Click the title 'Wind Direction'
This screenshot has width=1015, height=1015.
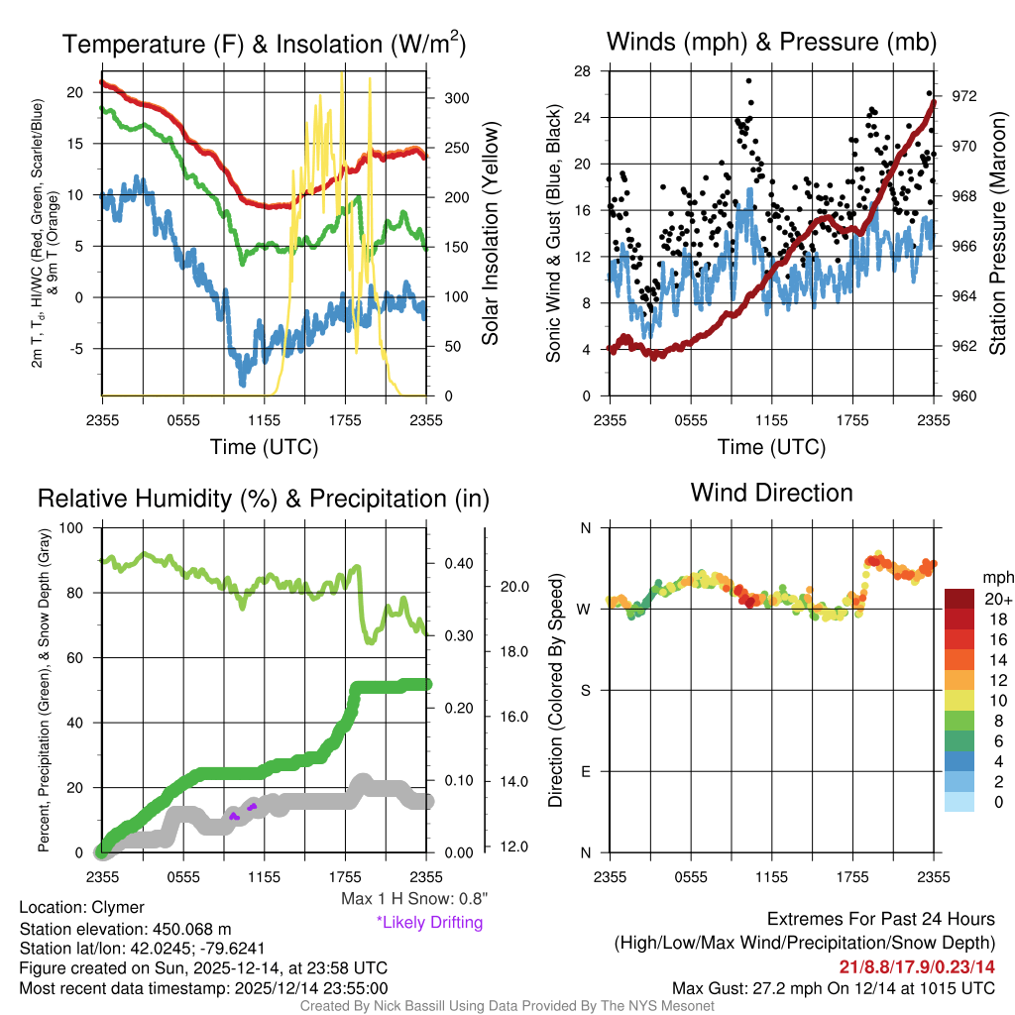771,493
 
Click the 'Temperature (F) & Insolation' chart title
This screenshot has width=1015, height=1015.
264,45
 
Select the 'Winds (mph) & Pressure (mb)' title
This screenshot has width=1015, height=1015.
771,43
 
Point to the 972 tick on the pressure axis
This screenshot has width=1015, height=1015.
963,96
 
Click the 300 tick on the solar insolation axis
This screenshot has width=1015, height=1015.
456,98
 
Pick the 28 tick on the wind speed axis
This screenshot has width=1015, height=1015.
583,71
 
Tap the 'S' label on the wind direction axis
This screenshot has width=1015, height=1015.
585,690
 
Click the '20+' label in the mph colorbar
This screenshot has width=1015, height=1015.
995,600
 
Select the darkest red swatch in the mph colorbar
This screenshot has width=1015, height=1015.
959,600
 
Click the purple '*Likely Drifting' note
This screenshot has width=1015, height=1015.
429,922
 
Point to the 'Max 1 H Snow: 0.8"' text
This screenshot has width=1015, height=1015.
413,899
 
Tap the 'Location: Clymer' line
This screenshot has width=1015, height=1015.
81,907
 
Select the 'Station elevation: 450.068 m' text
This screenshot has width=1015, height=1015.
125,929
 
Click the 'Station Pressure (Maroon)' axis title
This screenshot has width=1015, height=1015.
997,233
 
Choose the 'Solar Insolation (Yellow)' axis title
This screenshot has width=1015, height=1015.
490,233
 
